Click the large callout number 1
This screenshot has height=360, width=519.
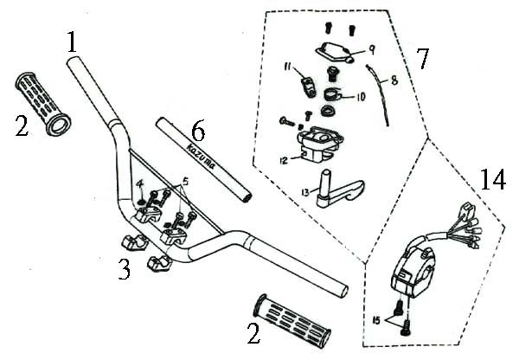tap(73, 42)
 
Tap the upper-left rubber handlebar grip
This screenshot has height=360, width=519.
tap(42, 103)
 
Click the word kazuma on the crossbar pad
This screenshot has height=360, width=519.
tap(201, 157)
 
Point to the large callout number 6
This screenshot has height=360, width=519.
tap(198, 132)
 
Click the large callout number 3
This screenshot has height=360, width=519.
tap(124, 269)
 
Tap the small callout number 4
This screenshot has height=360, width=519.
tap(140, 184)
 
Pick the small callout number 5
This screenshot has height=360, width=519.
tap(185, 182)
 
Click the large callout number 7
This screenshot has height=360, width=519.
tap(422, 59)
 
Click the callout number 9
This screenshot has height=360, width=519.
tap(372, 50)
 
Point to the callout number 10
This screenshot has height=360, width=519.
tap(360, 97)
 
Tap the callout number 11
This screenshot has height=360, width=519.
tap(287, 67)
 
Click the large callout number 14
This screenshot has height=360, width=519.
tap(493, 179)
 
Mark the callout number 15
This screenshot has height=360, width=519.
tap(376, 320)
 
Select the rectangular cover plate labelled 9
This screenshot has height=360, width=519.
tap(334, 52)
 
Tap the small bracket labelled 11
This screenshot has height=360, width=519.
tap(309, 87)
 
